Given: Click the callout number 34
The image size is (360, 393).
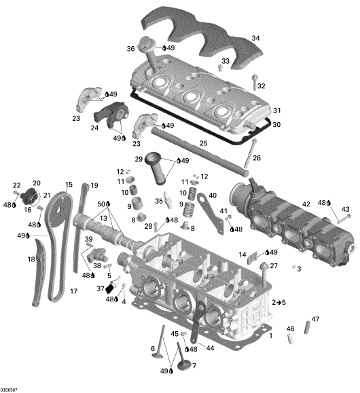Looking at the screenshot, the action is coord(255,38).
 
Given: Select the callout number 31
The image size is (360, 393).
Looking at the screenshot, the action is coord(276,110).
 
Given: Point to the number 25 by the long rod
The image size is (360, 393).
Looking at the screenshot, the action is coord(204,143).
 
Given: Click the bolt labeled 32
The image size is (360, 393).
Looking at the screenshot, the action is coord(255,81).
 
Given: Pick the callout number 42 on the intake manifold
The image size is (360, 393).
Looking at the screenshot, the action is coord(306,204).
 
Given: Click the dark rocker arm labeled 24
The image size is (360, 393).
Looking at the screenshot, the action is coord(111,113).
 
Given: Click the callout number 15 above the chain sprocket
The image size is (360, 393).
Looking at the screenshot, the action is coord(69,185).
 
